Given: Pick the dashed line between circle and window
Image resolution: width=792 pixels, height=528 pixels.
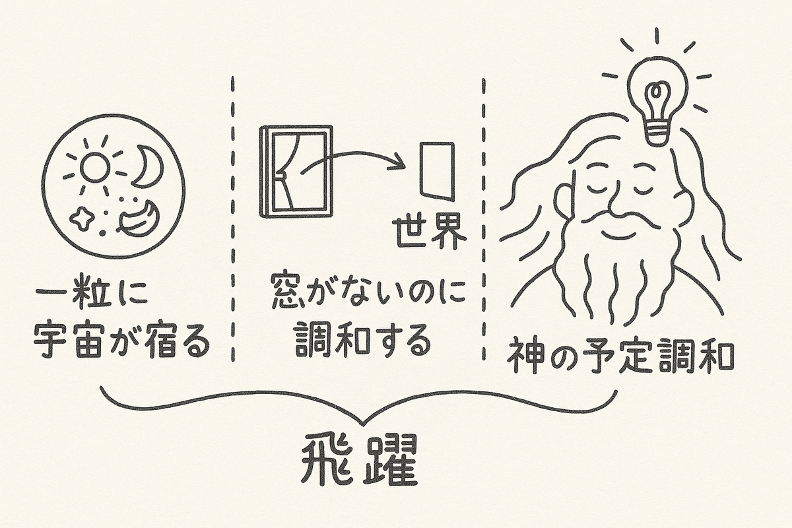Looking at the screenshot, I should (233, 218).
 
